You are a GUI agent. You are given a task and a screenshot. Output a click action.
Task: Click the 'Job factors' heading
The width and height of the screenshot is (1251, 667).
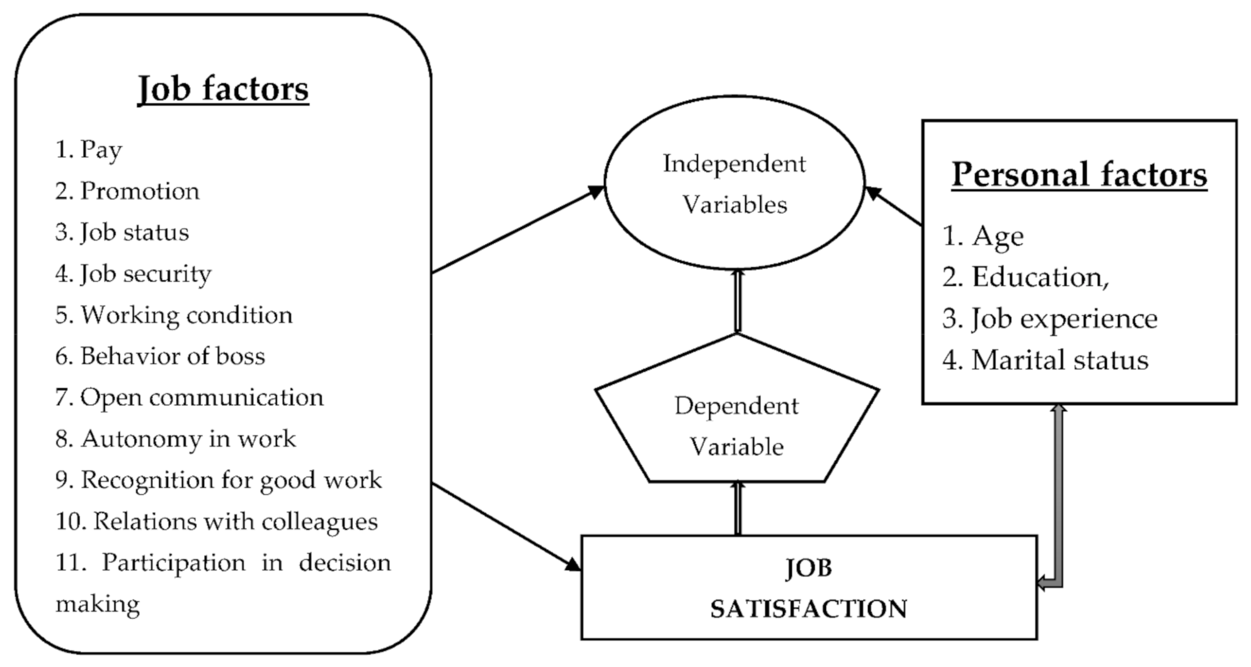pos(223,89)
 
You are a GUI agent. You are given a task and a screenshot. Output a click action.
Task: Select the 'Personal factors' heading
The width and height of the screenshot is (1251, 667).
pos(1078,175)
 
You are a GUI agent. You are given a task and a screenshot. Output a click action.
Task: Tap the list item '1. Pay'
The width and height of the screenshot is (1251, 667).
pos(89,150)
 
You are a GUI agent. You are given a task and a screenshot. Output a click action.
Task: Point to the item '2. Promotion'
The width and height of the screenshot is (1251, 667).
pos(127,191)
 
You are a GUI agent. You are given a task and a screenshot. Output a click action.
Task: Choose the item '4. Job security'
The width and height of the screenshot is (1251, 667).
pos(134,274)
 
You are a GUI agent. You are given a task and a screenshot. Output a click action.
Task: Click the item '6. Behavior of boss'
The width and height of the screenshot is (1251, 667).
pos(160,356)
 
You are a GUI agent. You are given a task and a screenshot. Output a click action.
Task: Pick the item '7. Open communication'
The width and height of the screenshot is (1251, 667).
pos(189,398)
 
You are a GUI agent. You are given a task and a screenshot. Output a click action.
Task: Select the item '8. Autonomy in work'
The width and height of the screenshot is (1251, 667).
pos(176,439)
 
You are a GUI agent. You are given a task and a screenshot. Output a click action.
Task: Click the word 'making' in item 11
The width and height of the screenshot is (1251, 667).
pos(98,604)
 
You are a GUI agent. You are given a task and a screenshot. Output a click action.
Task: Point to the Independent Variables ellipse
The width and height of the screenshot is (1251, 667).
pos(734,183)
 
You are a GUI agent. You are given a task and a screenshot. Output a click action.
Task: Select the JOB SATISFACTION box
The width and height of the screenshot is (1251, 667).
pos(808,588)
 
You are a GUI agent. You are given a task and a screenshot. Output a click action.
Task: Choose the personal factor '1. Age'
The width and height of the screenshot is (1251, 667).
pos(983,236)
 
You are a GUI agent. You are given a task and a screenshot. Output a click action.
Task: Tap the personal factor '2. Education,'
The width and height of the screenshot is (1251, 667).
pos(1025,277)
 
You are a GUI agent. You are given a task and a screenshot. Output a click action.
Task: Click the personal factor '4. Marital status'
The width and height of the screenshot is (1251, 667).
pos(1045,361)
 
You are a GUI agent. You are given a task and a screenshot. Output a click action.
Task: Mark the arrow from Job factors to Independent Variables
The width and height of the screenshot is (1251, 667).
pos(517,229)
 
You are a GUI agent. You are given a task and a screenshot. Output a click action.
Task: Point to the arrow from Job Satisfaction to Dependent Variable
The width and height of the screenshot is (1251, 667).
pos(738,509)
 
